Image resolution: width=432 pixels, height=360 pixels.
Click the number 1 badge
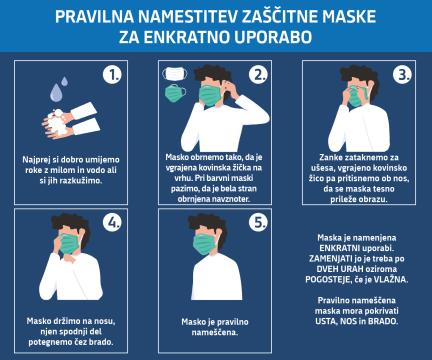112,74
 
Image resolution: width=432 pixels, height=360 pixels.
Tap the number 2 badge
258,74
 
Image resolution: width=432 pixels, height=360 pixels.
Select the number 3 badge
402,74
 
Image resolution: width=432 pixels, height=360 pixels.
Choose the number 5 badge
258,224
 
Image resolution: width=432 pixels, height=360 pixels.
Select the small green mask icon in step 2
176,93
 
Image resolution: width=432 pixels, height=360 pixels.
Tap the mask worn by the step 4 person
71,244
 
